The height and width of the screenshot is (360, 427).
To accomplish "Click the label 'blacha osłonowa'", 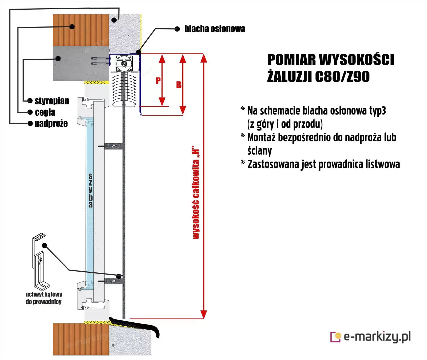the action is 215,29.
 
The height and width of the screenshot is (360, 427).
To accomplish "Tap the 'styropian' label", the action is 52,101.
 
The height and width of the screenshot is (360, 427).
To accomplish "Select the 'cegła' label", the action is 45,112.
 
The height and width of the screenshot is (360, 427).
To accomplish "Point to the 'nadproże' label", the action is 51,123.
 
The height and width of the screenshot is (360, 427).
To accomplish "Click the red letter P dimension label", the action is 158,80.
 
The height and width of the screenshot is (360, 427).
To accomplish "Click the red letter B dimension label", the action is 179,85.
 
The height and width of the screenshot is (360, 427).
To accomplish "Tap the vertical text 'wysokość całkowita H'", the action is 196,192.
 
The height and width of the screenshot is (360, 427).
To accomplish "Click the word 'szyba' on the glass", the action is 91,190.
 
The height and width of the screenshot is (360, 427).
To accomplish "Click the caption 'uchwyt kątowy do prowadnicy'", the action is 44,298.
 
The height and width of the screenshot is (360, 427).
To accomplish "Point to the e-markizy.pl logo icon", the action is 336,337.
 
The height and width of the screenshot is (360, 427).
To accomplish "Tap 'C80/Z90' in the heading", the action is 342,77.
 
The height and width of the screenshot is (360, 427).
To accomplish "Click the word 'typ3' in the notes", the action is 378,111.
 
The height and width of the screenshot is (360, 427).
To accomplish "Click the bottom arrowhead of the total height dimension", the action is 204,315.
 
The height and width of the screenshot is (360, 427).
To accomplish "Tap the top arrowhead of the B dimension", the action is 183,58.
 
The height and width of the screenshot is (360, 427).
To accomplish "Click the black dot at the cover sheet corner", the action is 139,52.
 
